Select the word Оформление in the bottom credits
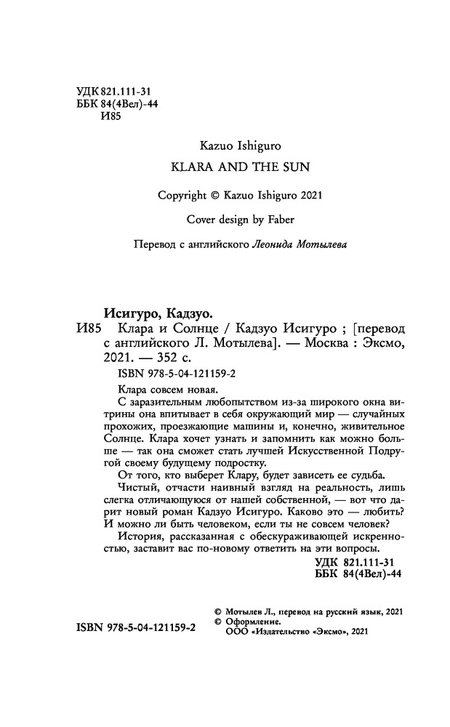[250, 623]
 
